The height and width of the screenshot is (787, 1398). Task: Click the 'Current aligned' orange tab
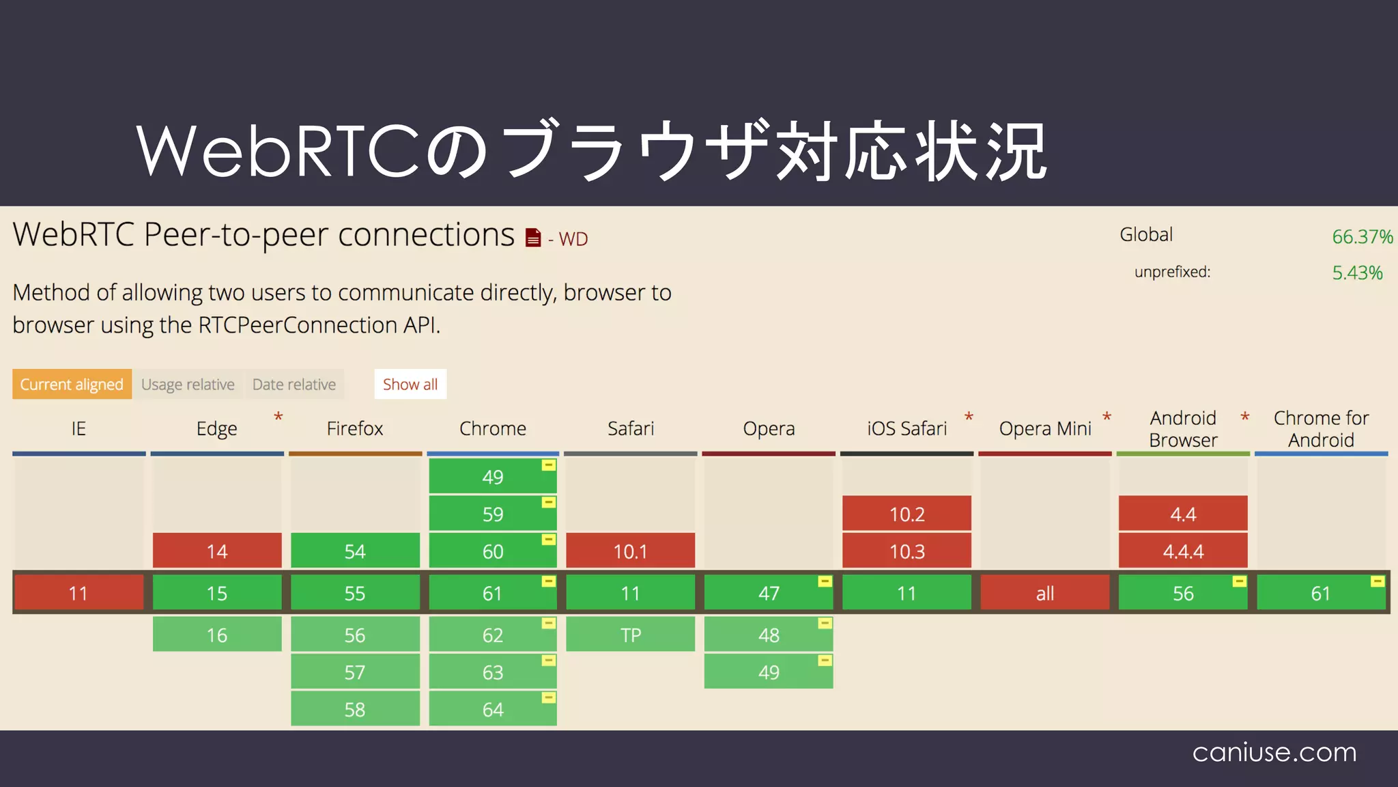72,385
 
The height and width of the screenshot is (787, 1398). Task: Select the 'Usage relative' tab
188,385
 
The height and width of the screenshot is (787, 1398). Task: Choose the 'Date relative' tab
294,385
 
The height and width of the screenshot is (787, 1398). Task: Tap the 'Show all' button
410,385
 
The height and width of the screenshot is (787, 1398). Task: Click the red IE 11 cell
79,593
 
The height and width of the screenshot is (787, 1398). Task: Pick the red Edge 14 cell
217,551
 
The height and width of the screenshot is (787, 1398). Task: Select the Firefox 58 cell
355,709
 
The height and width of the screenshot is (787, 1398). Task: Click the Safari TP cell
631,635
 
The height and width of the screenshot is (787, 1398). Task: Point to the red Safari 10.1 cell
631,551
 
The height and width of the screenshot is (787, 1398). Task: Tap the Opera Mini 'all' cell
1045,593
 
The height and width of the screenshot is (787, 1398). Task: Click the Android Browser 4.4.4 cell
1183,551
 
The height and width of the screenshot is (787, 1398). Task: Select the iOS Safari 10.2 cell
907,514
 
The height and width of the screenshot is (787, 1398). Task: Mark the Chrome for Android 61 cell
1321,593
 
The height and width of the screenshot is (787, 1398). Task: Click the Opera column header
769,429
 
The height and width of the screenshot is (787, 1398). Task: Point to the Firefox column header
355,429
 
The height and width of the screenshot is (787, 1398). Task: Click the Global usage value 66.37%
1362,237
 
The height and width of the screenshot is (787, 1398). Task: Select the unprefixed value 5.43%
1357,273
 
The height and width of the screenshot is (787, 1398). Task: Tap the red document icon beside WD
533,238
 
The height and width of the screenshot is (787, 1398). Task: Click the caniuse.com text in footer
1274,752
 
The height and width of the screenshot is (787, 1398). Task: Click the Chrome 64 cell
493,709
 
